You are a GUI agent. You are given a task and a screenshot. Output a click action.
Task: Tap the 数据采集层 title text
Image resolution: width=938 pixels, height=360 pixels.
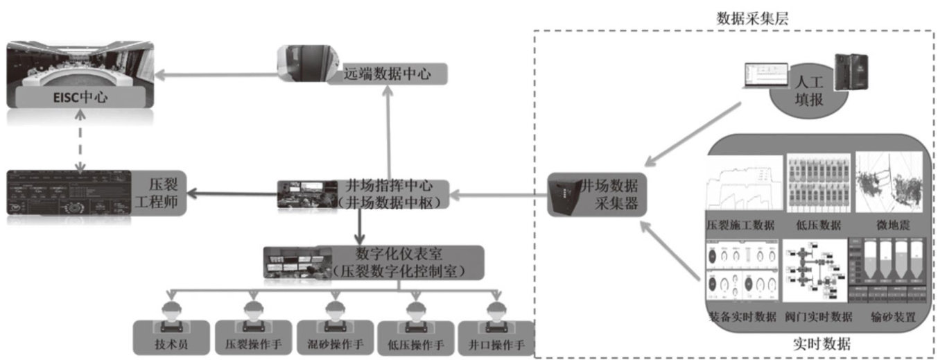pyautogui.click(x=752, y=19)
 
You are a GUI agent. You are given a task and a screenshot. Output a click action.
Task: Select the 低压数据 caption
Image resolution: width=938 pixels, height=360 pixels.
pyautogui.click(x=819, y=225)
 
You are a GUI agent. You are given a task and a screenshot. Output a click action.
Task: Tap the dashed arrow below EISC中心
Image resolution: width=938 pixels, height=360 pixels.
pyautogui.click(x=80, y=142)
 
